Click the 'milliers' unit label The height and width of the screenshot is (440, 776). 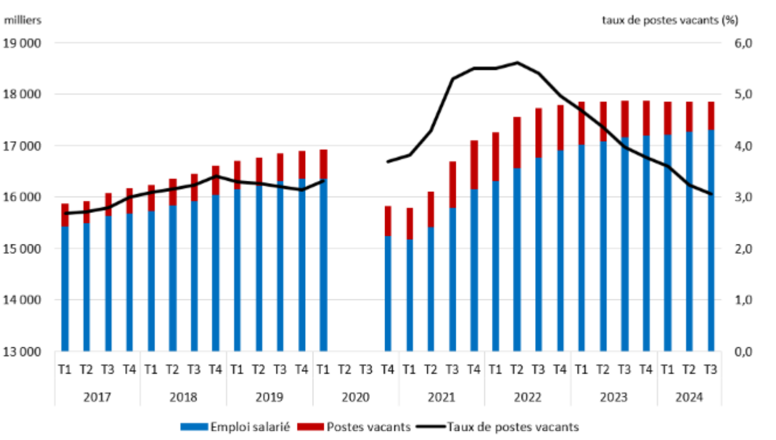[x=23, y=20]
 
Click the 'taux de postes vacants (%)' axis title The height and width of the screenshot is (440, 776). [x=670, y=20]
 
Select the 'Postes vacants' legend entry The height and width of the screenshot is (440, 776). [x=369, y=427]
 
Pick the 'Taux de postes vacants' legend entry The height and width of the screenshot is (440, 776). [x=513, y=427]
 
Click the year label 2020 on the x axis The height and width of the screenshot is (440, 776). [x=356, y=397]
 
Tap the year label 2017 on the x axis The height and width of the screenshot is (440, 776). [x=97, y=397]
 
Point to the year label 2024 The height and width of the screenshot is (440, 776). [x=690, y=397]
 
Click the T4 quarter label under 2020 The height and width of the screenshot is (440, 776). [x=387, y=369]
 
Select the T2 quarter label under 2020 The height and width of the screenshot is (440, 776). [x=345, y=369]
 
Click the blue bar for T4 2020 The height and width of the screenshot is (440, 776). [x=387, y=292]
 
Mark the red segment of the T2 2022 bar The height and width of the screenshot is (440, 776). [x=516, y=142]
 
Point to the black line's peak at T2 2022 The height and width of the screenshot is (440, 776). [x=516, y=62]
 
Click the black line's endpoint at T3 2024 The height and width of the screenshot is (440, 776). [x=711, y=194]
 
